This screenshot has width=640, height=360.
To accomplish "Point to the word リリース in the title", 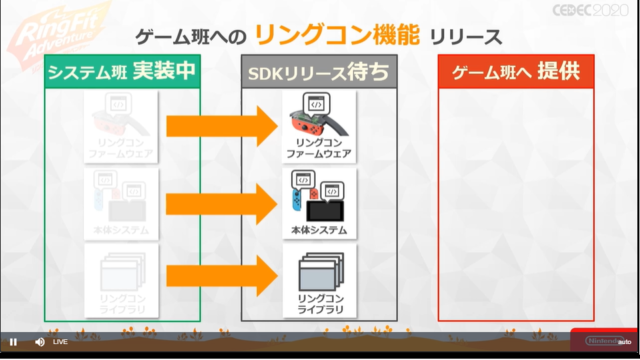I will point(464,37).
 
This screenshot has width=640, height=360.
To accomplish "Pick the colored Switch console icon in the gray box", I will point(319,197).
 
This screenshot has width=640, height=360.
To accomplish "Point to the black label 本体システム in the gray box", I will point(320,231).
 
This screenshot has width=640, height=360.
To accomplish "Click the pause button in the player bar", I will point(13,342).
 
